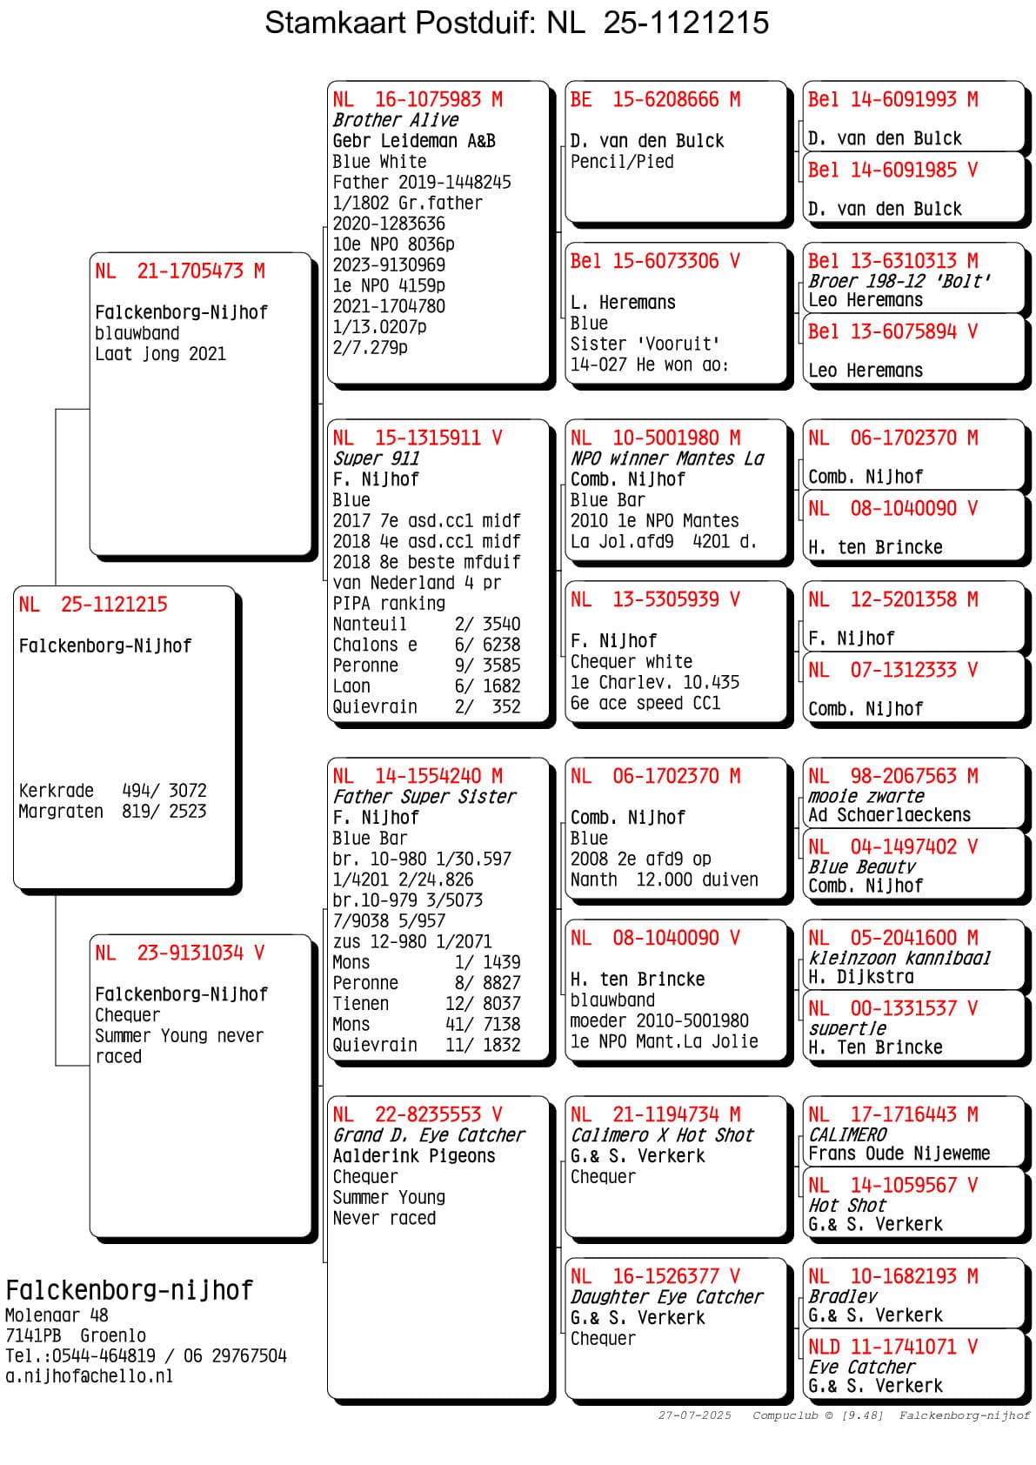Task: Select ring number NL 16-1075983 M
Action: pyautogui.click(x=418, y=100)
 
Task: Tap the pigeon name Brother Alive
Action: pyautogui.click(x=395, y=120)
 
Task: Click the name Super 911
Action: pyautogui.click(x=376, y=458)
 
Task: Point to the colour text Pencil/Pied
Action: pyautogui.click(x=621, y=162)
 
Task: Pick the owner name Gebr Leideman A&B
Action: pyautogui.click(x=414, y=141)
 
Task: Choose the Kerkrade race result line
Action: pyautogui.click(x=112, y=791)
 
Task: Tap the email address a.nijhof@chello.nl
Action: pyautogui.click(x=89, y=1376)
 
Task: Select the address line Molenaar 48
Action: pyautogui.click(x=57, y=1315)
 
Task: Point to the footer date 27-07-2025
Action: pyautogui.click(x=694, y=1415)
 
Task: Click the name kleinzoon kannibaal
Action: pyautogui.click(x=899, y=958)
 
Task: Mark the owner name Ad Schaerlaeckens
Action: pyautogui.click(x=889, y=815)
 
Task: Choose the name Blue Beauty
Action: pyautogui.click(x=861, y=866)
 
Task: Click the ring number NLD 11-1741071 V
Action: pyautogui.click(x=892, y=1347)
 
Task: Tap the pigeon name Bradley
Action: pyautogui.click(x=842, y=1296)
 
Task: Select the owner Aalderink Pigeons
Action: pyautogui.click(x=414, y=1156)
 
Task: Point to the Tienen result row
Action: pyautogui.click(x=426, y=1004)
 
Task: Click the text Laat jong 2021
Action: pyautogui.click(x=160, y=354)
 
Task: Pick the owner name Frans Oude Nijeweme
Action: pyautogui.click(x=899, y=1154)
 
